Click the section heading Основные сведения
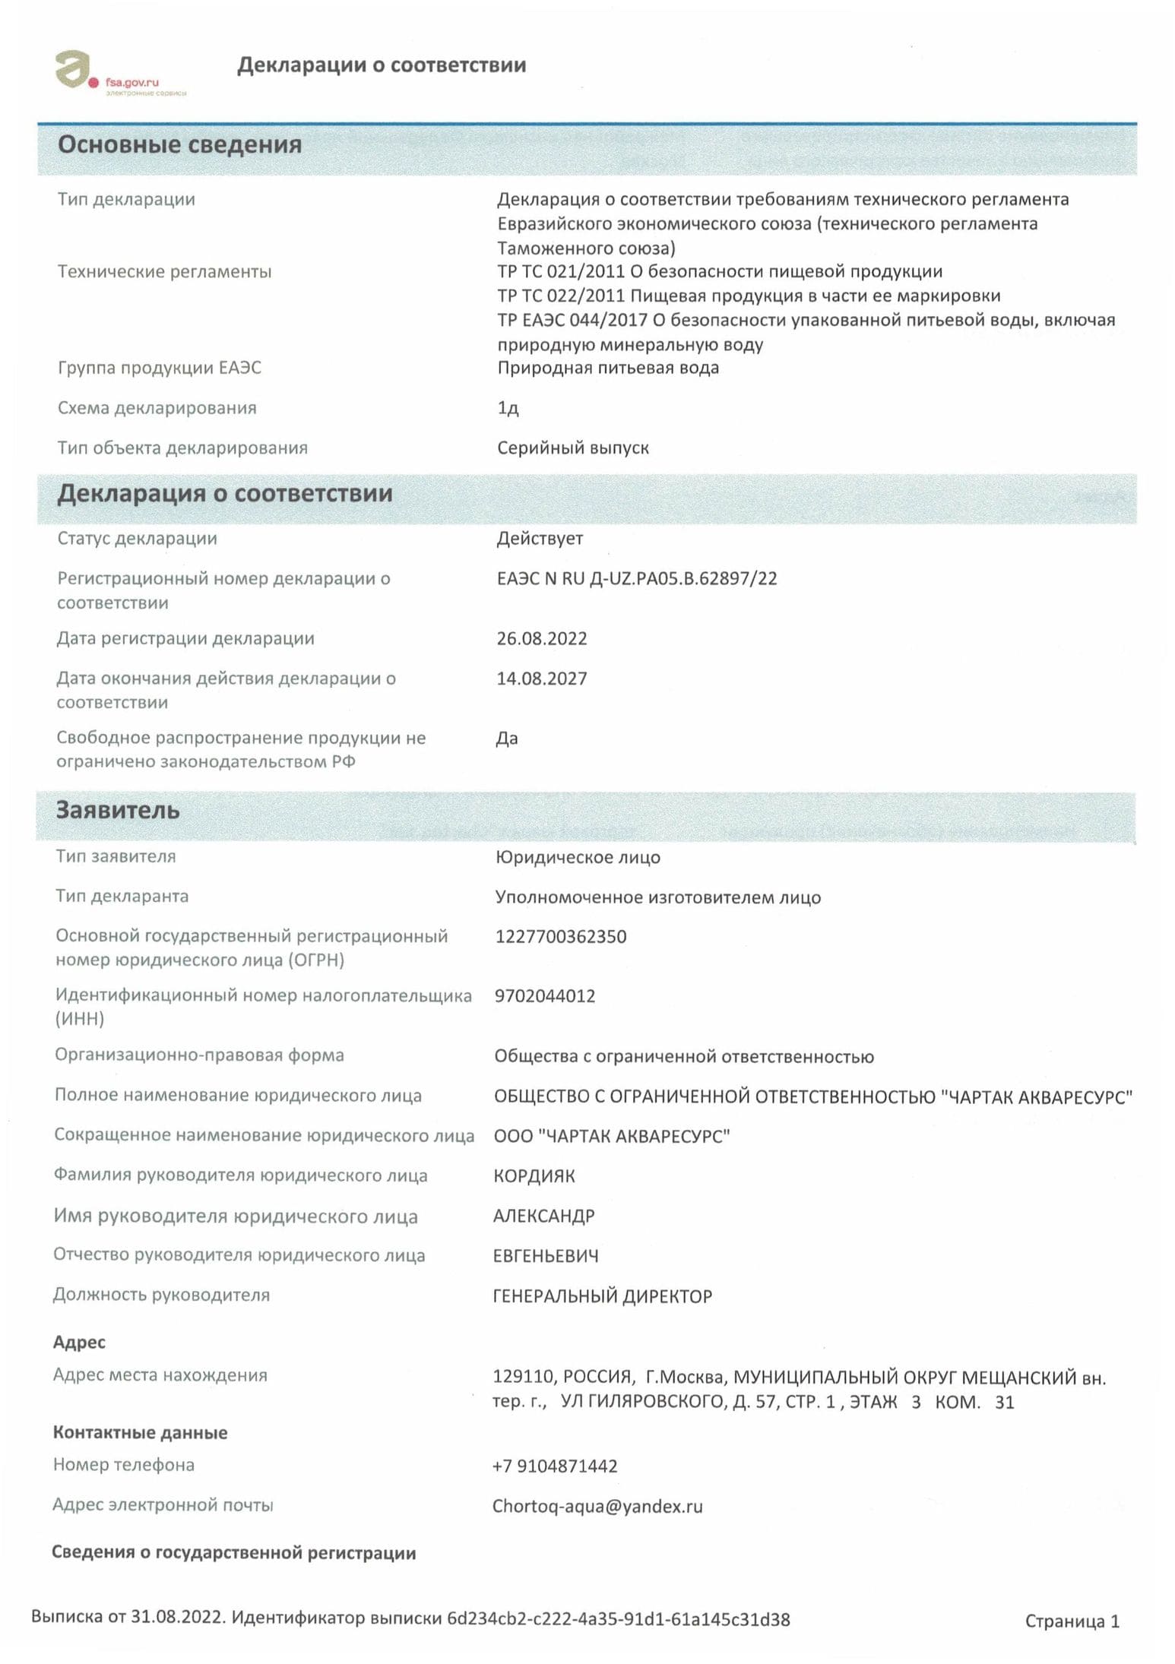coord(179,144)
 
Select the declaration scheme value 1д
coord(508,409)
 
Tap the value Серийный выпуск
coord(573,448)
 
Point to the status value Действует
coord(540,539)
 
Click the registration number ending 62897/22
coord(637,579)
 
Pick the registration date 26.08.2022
coord(542,639)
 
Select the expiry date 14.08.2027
coord(542,679)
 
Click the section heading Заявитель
coord(118,810)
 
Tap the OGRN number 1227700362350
coord(561,937)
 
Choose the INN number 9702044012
coord(545,996)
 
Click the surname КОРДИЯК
coord(534,1176)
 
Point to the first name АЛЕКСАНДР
coord(544,1216)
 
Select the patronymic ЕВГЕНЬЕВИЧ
coord(546,1256)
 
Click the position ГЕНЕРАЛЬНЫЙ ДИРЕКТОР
coord(603,1296)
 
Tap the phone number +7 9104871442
coord(555,1466)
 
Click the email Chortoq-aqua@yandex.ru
coord(597,1506)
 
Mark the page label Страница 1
coord(1072,1621)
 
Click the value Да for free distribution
coord(507,739)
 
